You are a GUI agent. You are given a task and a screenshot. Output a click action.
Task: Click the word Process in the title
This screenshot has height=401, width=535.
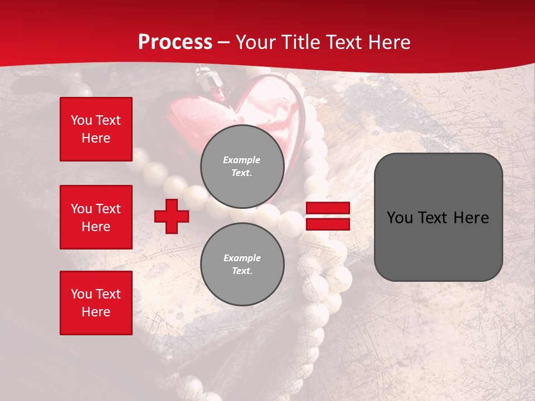[x=175, y=42]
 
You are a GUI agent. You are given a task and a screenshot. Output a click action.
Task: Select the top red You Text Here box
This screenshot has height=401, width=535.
[x=96, y=129]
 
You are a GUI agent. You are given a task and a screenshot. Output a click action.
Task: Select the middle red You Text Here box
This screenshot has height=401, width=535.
[x=96, y=217]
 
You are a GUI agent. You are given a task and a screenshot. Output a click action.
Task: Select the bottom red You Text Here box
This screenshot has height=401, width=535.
[x=96, y=303]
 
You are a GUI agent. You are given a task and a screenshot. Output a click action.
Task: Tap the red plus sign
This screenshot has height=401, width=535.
[x=172, y=216]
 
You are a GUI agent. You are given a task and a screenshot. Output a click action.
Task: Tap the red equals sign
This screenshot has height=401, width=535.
[x=328, y=216]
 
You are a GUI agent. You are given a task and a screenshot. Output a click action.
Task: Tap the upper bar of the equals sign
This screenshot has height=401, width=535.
[x=328, y=208]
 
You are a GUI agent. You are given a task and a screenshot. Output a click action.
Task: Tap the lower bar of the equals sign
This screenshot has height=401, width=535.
[x=328, y=224]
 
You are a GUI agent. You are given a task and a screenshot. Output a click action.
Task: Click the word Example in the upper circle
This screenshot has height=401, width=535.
[x=241, y=160]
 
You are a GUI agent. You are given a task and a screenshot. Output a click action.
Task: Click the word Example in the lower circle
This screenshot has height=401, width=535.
[x=242, y=258]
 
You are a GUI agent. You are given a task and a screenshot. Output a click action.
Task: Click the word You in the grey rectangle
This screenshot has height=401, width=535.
[x=400, y=218]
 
